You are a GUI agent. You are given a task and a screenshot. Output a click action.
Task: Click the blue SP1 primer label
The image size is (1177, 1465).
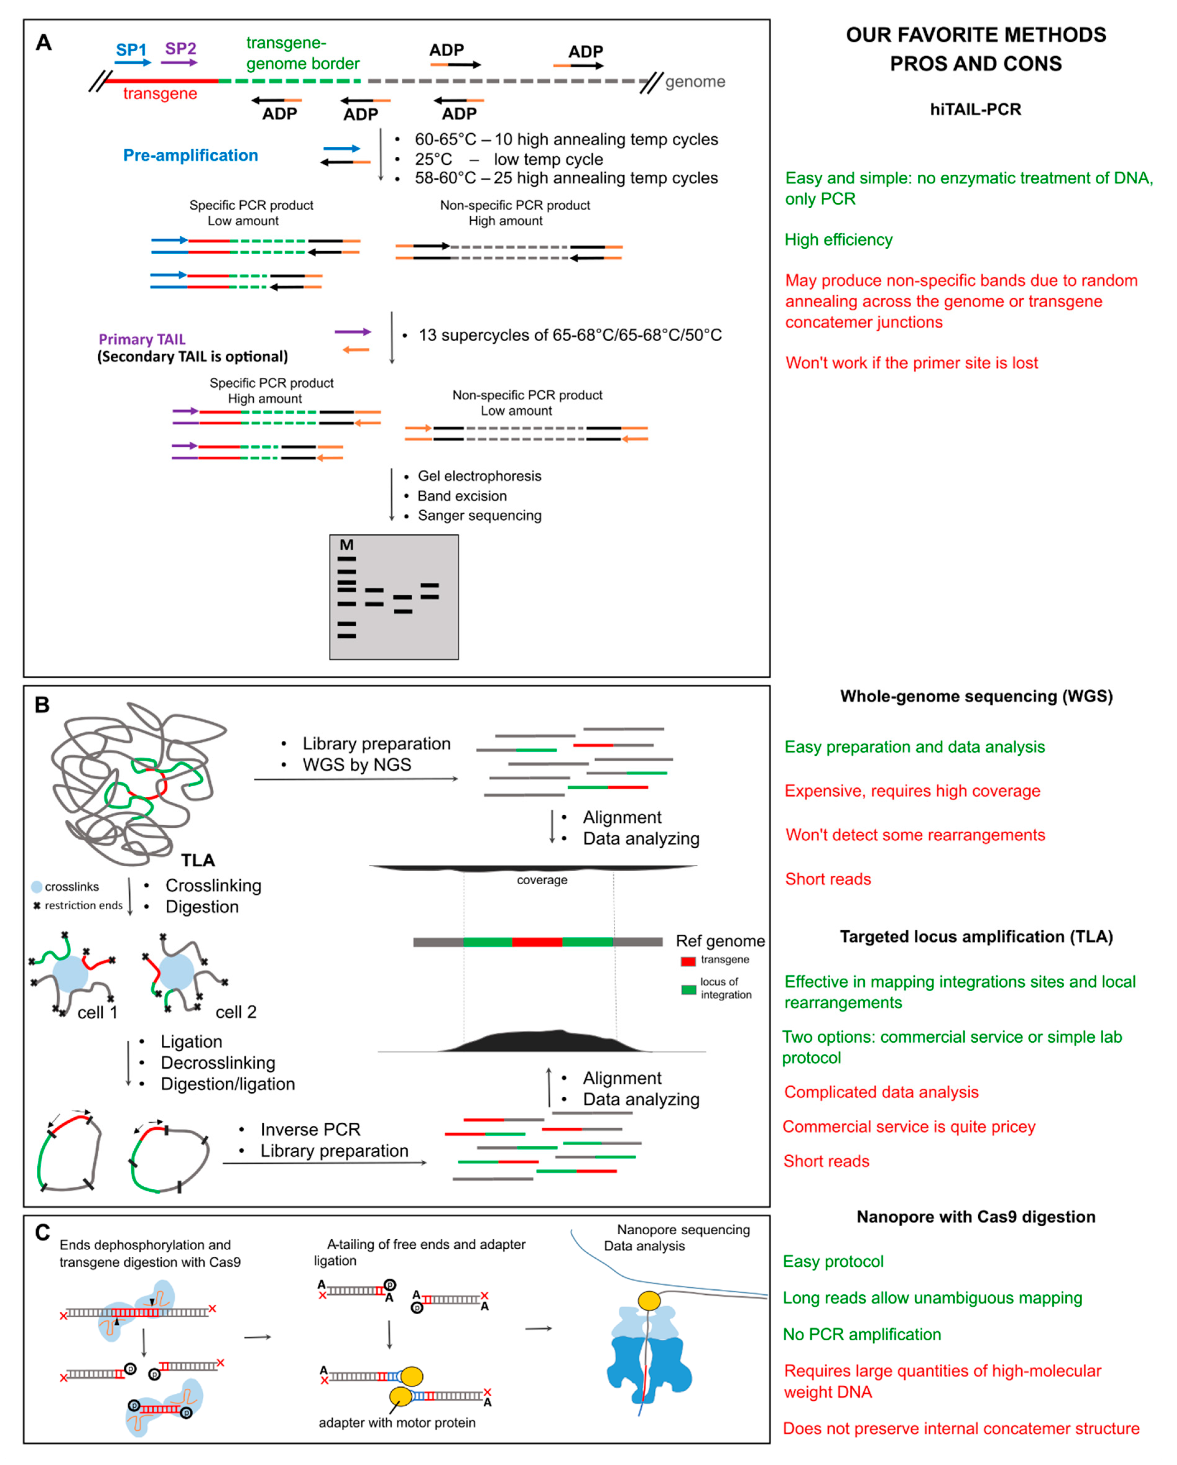coord(131,50)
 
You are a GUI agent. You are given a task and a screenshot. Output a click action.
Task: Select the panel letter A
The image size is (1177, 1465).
coord(44,43)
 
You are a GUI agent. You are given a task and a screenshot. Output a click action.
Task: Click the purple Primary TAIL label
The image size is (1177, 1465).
coord(142,339)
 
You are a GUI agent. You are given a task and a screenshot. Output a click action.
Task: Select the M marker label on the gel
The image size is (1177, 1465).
coord(347,545)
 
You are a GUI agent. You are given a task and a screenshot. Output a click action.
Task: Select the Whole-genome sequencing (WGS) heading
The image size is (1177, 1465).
coord(976,697)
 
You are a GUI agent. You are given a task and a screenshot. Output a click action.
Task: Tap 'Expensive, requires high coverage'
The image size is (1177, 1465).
coord(912,791)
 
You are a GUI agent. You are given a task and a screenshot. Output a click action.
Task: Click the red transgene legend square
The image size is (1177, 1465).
coord(688,961)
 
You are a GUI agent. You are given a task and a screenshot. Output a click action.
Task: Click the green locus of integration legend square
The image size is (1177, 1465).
coord(688,989)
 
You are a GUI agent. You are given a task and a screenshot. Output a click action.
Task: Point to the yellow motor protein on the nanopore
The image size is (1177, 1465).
coord(649,1301)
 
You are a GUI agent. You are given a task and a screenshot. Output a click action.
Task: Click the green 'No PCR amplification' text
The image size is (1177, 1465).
coord(862,1334)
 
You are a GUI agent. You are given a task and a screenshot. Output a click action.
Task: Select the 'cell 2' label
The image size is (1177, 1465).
coord(236,1012)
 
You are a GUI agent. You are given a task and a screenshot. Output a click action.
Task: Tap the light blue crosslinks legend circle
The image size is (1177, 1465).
coord(37,887)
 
